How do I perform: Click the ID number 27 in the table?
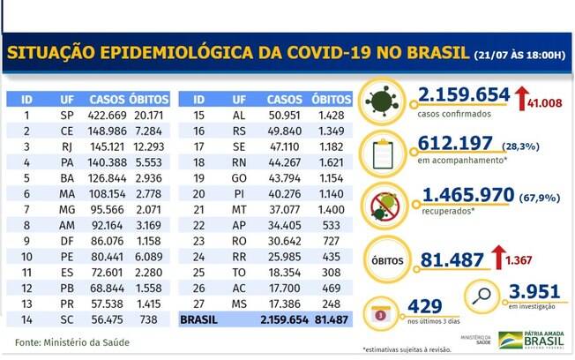click(x=199, y=302)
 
